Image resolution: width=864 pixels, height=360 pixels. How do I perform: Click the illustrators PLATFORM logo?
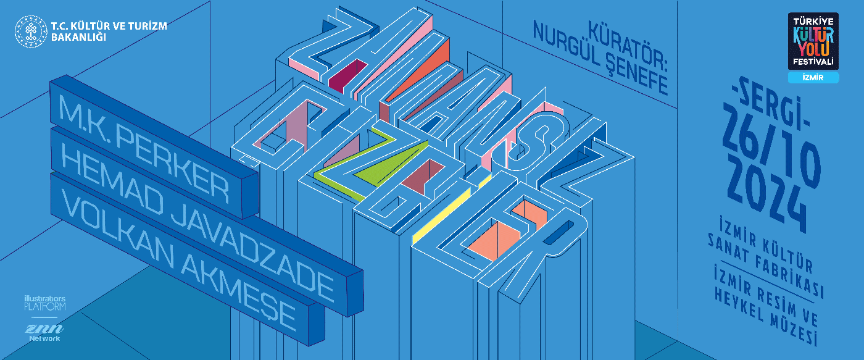(x=44, y=303)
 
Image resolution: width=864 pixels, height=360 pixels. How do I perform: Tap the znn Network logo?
(x=44, y=332)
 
